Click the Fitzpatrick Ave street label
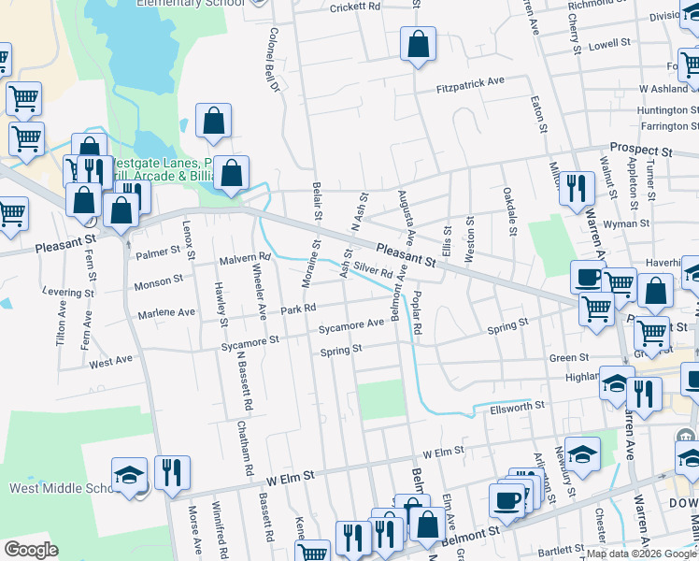pyautogui.click(x=471, y=82)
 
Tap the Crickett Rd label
pyautogui.click(x=356, y=7)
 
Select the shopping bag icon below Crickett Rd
pyautogui.click(x=418, y=43)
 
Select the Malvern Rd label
pyautogui.click(x=244, y=258)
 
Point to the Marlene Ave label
pyautogui.click(x=166, y=312)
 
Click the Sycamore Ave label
pyautogui.click(x=351, y=324)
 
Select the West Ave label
pyautogui.click(x=111, y=361)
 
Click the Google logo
pyautogui.click(x=31, y=550)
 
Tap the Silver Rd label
pyautogui.click(x=371, y=271)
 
